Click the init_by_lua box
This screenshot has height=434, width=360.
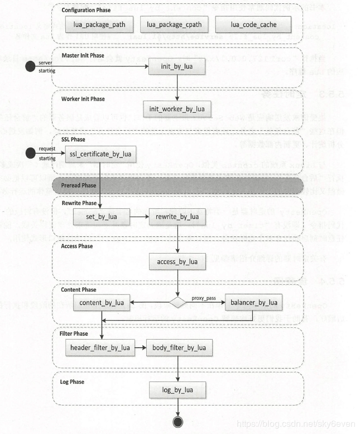177,67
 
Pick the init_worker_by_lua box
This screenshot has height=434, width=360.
177,109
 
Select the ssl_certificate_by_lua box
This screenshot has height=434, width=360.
101,154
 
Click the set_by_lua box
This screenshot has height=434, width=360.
101,216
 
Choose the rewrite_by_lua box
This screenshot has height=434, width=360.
177,216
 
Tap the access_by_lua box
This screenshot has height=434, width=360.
177,261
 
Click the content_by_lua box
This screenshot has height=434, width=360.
101,303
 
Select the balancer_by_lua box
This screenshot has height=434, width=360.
253,303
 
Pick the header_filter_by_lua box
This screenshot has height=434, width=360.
100,347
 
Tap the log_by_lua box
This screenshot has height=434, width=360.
177,389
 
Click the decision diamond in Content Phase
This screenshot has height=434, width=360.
177,303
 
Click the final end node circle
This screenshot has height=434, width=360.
177,421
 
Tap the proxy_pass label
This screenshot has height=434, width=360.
203,298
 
